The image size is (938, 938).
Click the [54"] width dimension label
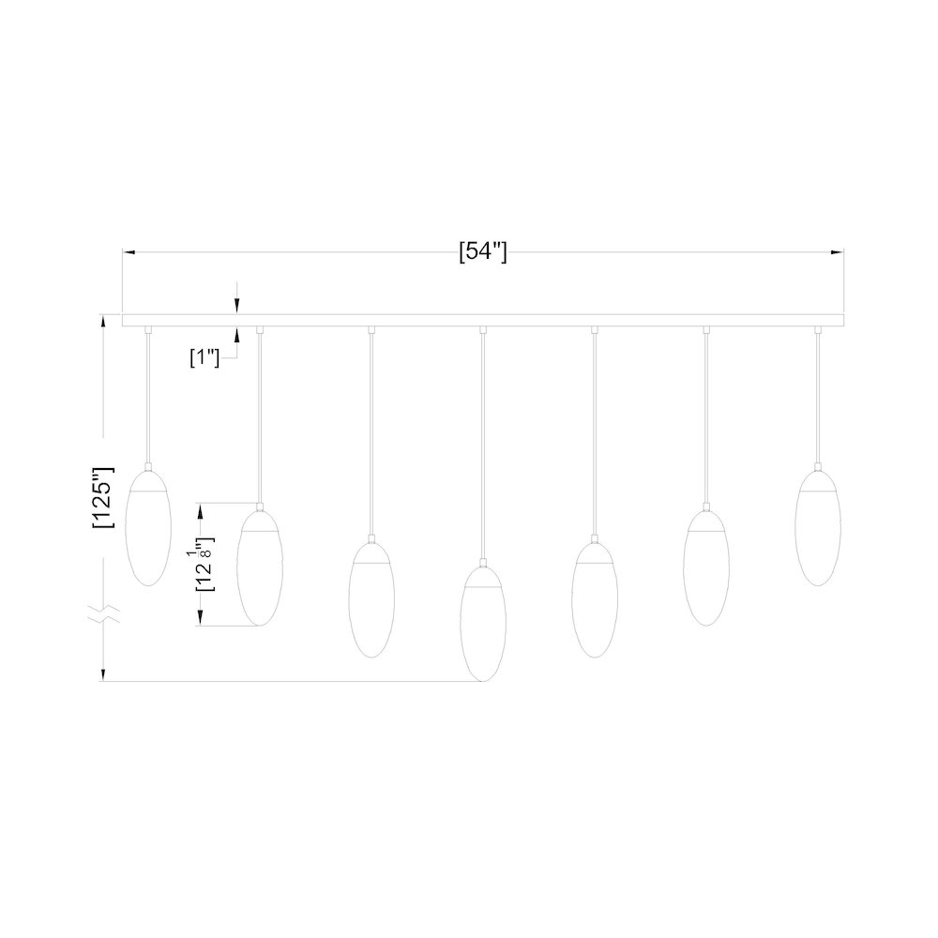[483, 252]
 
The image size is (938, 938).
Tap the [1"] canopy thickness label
[204, 356]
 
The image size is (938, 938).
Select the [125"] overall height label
[103, 499]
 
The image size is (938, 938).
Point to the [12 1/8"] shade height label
[204, 564]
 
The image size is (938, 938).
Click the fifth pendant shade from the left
[595, 600]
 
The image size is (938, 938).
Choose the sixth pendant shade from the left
[706, 568]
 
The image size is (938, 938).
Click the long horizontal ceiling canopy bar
[483, 319]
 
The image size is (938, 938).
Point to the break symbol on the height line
[103, 614]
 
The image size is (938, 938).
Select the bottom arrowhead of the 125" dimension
[103, 673]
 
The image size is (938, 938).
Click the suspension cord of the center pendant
[483, 441]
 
